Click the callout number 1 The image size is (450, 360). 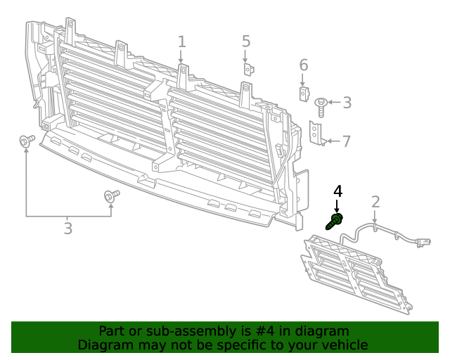click(x=181, y=41)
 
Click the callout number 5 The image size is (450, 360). click(x=246, y=41)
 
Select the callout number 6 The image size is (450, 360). click(x=304, y=65)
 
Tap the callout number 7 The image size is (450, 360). click(x=346, y=141)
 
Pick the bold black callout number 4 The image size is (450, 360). click(x=337, y=191)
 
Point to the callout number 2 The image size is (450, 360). click(x=375, y=202)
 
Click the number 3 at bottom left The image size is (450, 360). click(x=67, y=229)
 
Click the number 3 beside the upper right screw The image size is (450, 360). click(x=347, y=103)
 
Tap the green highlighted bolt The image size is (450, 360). click(x=334, y=222)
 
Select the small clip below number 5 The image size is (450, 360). click(x=248, y=69)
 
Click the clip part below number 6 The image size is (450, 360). click(x=303, y=93)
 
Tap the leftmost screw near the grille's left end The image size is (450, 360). click(x=26, y=141)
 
